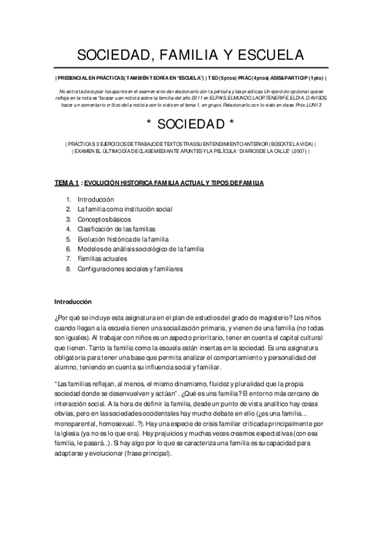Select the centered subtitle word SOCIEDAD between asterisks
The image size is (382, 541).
coord(191,122)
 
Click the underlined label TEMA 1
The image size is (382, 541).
coord(66,182)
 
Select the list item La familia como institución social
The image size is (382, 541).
coord(124,209)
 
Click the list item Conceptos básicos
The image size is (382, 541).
coord(104,219)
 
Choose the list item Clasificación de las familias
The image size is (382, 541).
coord(116,229)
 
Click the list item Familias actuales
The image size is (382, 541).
coord(102,259)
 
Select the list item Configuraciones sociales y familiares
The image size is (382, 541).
coord(130,269)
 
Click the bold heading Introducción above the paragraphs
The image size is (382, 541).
coord(73,301)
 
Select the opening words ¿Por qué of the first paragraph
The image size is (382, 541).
coord(67,318)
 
